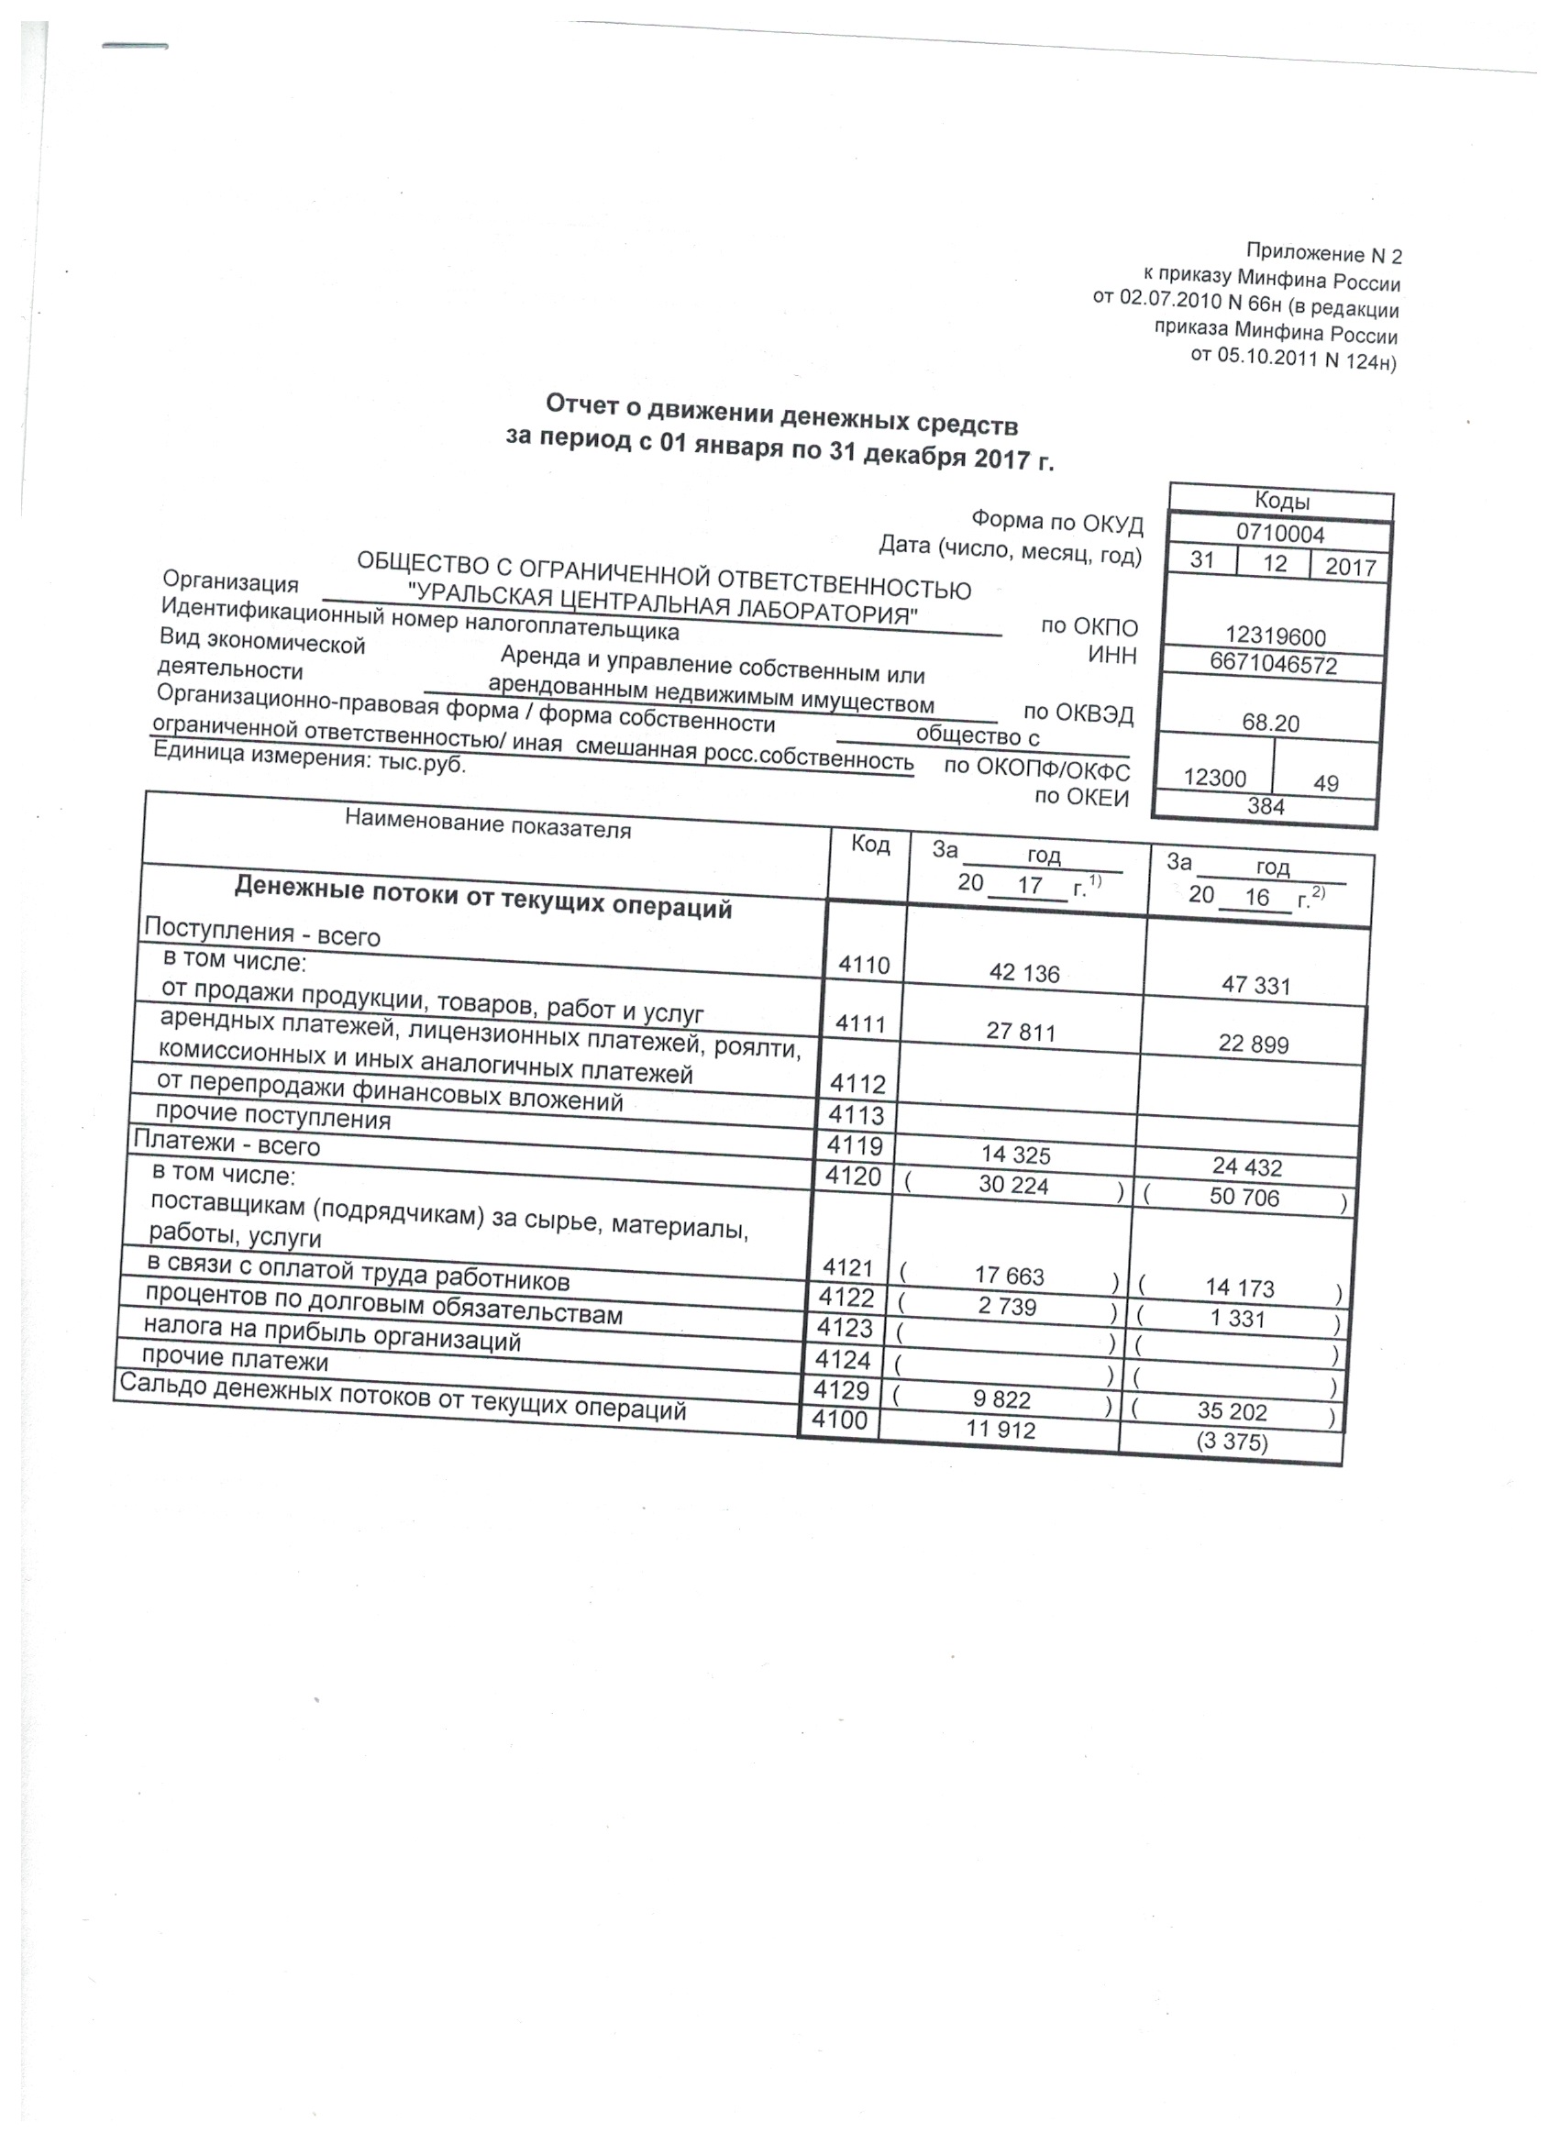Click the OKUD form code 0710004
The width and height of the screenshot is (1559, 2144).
(1280, 534)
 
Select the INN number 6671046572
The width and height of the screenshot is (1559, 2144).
(1274, 665)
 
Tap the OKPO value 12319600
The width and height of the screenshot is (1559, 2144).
(1276, 637)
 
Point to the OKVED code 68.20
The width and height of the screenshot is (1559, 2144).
(1271, 724)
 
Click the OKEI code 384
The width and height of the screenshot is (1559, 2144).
(1266, 805)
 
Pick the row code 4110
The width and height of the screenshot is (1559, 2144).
(864, 966)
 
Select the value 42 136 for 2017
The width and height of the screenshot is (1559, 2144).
(1023, 973)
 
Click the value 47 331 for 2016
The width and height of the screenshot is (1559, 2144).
(1255, 985)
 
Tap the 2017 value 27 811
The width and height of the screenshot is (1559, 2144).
(1021, 1032)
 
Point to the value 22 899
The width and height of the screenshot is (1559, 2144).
(1254, 1044)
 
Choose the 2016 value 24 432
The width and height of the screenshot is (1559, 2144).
(1246, 1166)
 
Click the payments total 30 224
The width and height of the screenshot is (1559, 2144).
(1013, 1185)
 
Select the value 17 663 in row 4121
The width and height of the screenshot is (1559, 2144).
(1010, 1276)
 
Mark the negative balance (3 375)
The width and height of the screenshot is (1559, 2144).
(1231, 1442)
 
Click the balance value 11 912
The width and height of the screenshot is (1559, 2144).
(1001, 1430)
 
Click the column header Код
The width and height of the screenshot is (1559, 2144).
(869, 845)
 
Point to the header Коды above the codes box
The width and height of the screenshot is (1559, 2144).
(1281, 501)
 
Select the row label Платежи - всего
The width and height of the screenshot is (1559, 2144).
(227, 1144)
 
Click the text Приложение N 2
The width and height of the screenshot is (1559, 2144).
(1323, 253)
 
